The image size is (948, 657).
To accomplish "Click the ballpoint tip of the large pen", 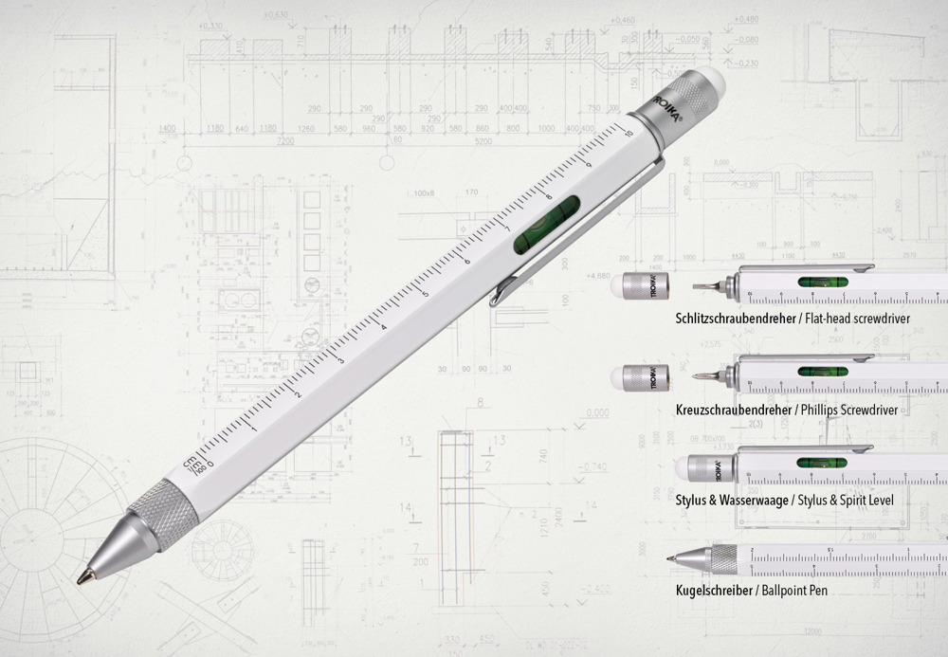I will [83, 579].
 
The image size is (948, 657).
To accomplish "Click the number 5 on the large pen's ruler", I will [425, 294].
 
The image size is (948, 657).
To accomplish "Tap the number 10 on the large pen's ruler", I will [629, 133].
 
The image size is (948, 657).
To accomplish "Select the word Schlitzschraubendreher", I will [736, 319].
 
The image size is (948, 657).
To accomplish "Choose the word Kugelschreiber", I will [717, 590].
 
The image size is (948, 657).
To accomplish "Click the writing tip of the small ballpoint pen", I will [669, 557].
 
